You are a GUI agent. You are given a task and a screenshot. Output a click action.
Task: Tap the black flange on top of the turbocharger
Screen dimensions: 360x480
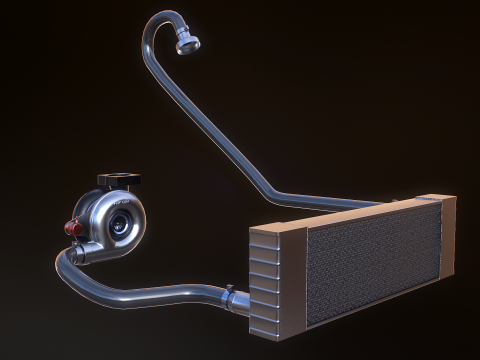coord(119,181)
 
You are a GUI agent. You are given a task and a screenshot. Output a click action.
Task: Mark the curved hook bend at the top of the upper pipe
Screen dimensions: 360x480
coord(157,20)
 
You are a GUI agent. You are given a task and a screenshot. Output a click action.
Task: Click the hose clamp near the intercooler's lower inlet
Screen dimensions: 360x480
coord(231,295)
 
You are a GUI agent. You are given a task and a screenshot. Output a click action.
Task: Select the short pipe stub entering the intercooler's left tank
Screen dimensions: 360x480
coord(241,297)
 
